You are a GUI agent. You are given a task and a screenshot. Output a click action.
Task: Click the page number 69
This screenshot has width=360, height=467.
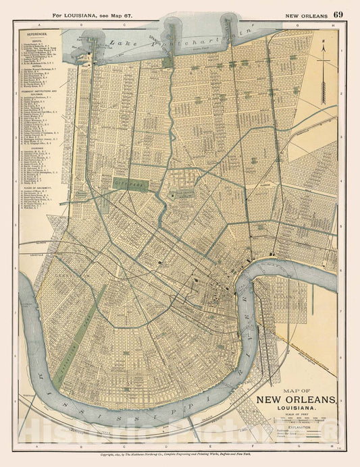338,14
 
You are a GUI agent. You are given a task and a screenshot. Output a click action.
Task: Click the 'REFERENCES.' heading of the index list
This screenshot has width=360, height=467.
47,32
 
